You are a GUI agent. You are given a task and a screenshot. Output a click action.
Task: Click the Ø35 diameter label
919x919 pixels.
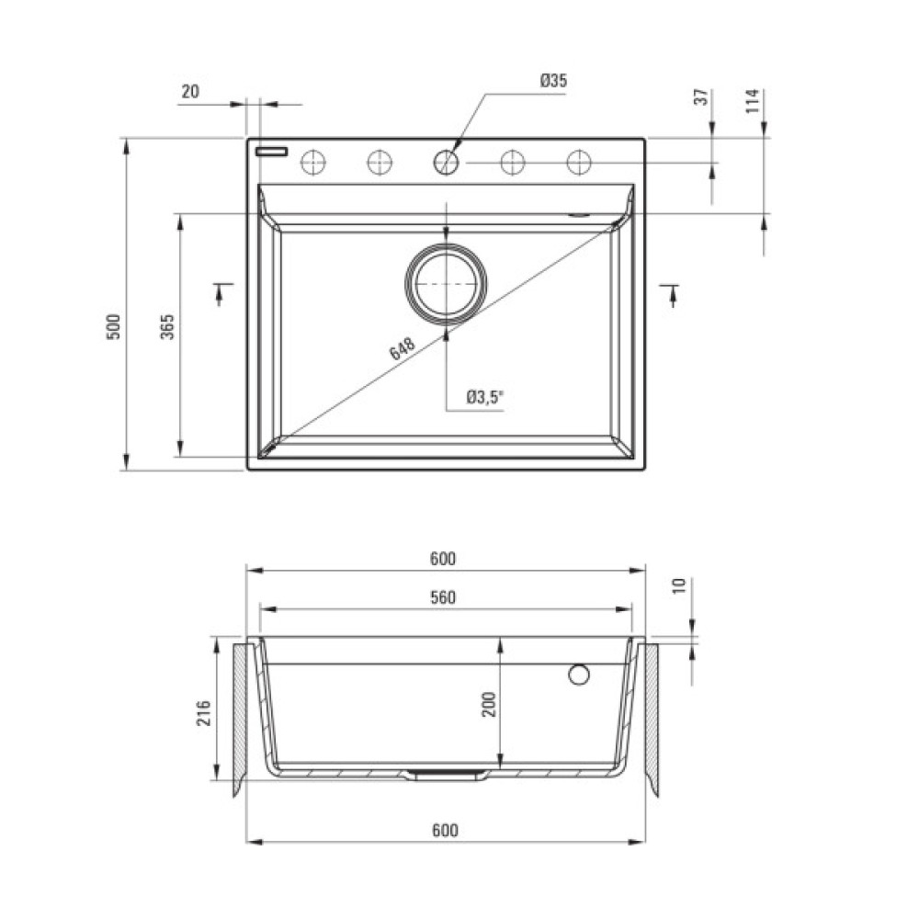(x=554, y=80)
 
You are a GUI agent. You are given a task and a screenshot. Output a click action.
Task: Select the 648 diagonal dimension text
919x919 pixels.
(x=403, y=348)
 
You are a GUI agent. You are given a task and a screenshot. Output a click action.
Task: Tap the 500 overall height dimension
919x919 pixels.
(x=113, y=327)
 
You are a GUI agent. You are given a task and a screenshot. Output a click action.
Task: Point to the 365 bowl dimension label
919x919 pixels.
(x=167, y=327)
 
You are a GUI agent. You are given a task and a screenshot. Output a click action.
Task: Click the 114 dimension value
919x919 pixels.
(x=754, y=101)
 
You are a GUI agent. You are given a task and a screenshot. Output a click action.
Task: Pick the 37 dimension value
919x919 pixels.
(x=701, y=97)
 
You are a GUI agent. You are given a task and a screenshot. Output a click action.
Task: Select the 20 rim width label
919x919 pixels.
(x=190, y=91)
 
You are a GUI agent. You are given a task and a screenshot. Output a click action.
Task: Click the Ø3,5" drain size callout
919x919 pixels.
(x=484, y=397)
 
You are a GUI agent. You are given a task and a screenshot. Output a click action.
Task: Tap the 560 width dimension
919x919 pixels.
(x=443, y=597)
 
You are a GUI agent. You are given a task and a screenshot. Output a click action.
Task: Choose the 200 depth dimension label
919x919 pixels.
(x=489, y=705)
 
